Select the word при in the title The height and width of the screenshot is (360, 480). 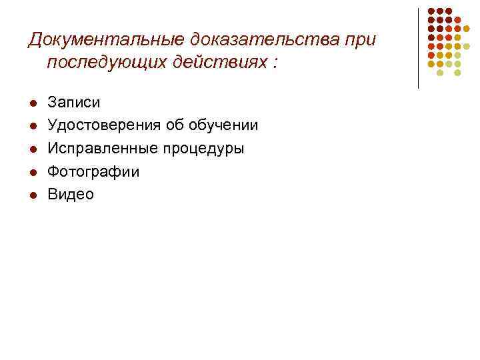pos(360,40)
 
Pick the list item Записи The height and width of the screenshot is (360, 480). pos(74,103)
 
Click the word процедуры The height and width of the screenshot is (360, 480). pos(206,148)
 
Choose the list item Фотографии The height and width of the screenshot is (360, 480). pos(93,171)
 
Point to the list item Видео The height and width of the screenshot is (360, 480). pos(71,194)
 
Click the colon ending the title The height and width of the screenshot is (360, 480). pos(275,65)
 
